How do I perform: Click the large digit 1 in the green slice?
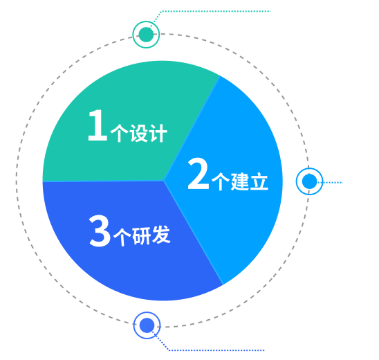[98, 125]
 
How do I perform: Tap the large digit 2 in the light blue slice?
[198, 173]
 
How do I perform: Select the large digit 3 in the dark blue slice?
[100, 231]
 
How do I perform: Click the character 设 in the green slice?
[139, 134]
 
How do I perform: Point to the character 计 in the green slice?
[158, 134]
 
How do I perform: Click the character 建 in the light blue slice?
[240, 181]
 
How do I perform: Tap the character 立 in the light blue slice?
[259, 181]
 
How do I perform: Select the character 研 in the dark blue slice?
[142, 235]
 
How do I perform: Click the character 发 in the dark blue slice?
[161, 235]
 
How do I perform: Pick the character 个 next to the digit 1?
[119, 134]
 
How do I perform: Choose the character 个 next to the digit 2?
[221, 181]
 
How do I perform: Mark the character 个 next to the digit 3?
[122, 237]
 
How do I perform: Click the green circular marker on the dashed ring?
[146, 35]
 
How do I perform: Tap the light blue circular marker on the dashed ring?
[309, 181]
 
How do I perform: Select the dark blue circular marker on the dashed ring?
[147, 325]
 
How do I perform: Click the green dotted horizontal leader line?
[216, 11]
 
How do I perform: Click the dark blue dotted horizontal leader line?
[216, 350]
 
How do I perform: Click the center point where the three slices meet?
[164, 181]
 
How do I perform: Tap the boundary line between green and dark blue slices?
[104, 181]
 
